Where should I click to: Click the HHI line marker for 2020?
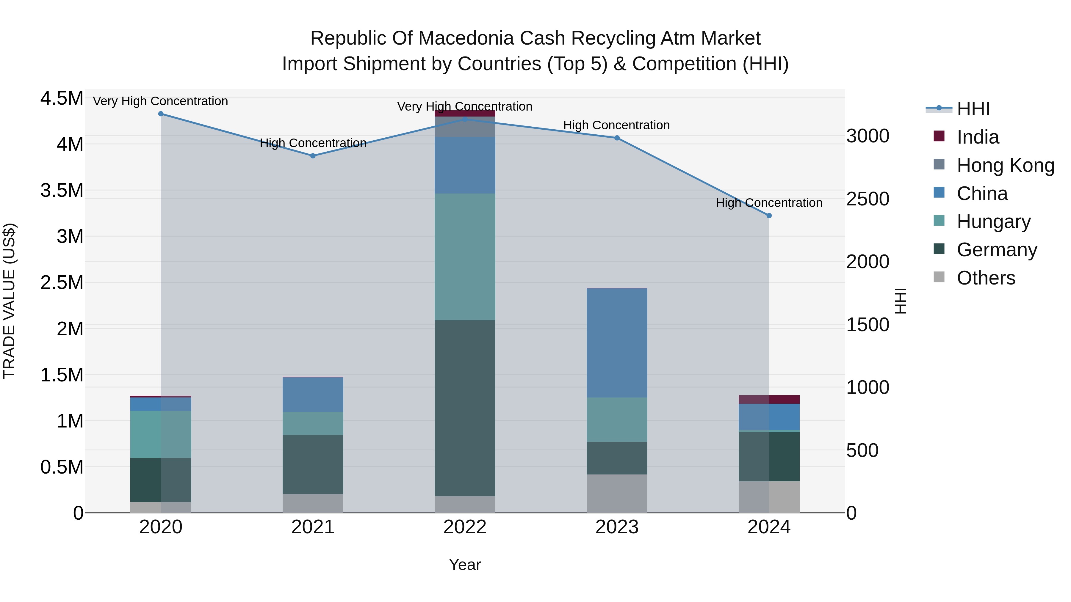[161, 114]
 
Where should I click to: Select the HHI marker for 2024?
[769, 216]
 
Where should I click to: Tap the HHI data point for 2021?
[313, 156]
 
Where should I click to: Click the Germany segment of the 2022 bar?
[465, 407]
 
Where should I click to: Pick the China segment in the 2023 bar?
[617, 343]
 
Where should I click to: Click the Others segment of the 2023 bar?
[617, 493]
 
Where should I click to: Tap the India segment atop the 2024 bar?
[769, 399]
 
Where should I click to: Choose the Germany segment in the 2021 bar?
[313, 464]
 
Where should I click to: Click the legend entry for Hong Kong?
[1005, 165]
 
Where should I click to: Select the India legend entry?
[978, 137]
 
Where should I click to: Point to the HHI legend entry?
[973, 109]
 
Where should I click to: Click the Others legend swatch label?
[986, 278]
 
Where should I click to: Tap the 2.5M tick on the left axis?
[62, 282]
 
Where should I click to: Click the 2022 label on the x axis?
[465, 527]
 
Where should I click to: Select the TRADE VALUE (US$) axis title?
[9, 301]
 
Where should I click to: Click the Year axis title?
[465, 565]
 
